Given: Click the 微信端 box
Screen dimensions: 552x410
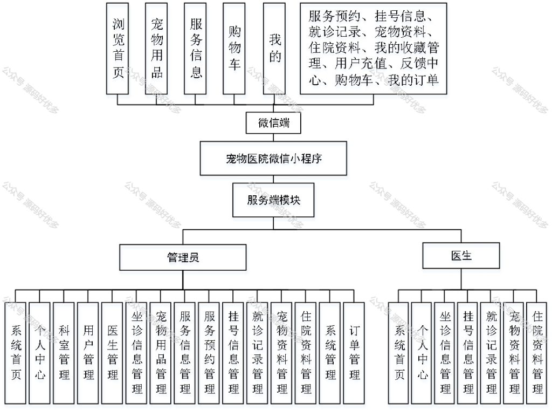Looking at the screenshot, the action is point(273,122).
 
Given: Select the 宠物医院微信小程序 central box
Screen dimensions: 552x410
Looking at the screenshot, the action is point(273,159).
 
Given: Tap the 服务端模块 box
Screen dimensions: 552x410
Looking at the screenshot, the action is point(273,200).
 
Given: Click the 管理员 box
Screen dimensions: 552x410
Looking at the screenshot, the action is point(183,257).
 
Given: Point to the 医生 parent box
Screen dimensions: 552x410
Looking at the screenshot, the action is point(461,255).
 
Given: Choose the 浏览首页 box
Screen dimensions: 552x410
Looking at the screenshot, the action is point(118,49).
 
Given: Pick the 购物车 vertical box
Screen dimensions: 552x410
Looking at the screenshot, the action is point(234,49).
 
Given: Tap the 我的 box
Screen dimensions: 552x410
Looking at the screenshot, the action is point(274,49).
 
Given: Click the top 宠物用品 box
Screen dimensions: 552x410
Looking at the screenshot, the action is point(156,49).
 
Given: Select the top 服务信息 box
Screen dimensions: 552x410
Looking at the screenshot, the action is point(195,49).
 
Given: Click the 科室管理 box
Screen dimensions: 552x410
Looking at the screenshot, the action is point(64,353).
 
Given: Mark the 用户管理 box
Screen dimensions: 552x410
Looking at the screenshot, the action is point(88,353).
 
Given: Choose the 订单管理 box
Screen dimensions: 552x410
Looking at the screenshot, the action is point(354,353).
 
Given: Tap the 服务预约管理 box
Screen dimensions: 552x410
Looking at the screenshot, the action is point(209,353).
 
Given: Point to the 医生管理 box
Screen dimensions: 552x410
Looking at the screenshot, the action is point(112,353).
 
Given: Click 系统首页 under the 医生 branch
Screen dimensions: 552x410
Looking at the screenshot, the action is point(398,353).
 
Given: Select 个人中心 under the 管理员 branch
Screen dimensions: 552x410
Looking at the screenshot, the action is point(39,353).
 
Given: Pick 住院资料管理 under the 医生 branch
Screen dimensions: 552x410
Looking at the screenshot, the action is point(537,353).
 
